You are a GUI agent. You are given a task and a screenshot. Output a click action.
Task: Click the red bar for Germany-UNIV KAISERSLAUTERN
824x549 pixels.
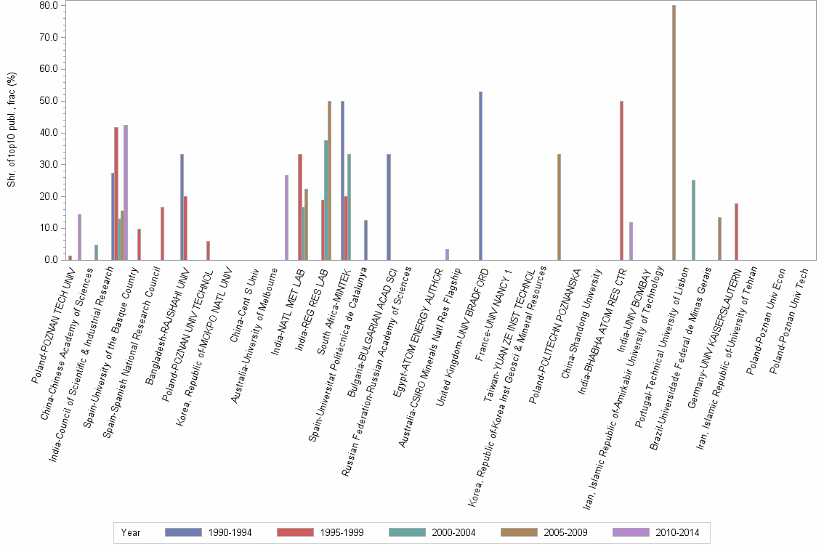pos(736,232)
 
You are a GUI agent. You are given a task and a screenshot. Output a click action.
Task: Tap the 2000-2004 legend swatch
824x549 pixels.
pos(411,532)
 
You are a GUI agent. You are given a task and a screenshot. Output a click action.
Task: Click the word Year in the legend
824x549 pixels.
pos(131,532)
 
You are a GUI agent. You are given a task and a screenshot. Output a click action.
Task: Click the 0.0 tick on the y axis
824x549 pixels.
pos(50,260)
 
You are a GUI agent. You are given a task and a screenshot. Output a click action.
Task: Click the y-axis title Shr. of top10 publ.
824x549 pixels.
pos(11,129)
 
